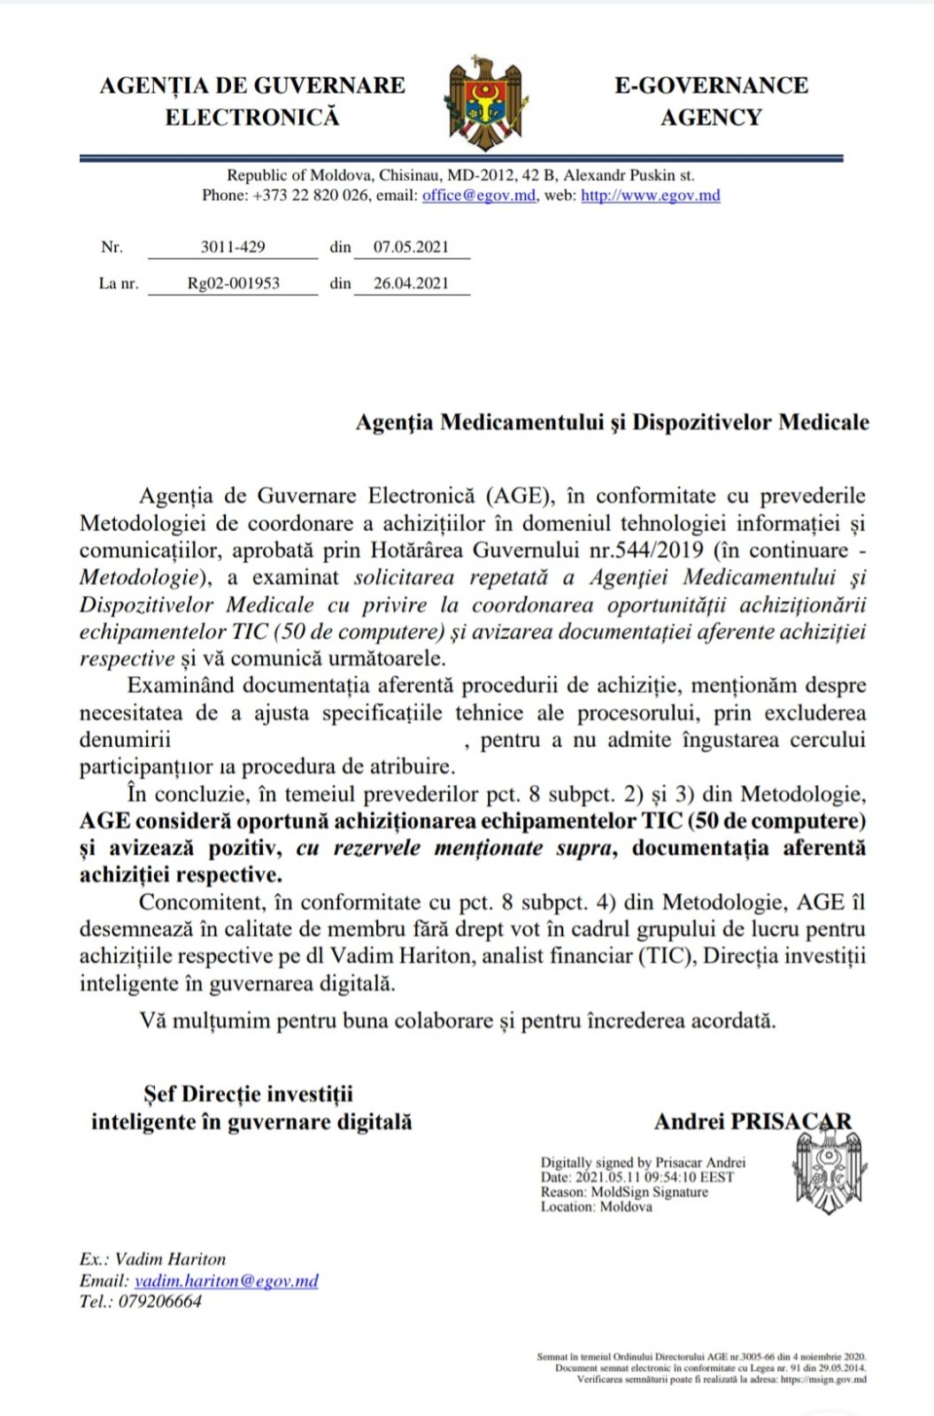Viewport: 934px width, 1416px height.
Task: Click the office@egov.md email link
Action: point(478,196)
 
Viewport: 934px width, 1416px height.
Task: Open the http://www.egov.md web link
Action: point(650,196)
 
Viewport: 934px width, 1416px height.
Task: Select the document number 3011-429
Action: point(232,248)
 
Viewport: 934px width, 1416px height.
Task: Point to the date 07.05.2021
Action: point(411,248)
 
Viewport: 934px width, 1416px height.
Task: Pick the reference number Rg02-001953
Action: point(233,284)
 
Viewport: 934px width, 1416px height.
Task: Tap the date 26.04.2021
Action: point(411,284)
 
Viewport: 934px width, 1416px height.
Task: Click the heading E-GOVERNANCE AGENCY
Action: point(711,101)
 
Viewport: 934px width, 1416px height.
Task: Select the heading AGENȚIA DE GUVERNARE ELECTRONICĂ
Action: point(252,101)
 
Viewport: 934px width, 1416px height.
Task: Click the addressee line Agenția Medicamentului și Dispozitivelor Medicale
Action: point(612,422)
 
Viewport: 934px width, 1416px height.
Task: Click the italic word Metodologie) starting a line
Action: point(138,578)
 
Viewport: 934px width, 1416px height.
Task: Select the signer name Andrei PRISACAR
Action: point(753,1122)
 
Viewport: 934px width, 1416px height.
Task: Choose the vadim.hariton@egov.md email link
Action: point(226,1281)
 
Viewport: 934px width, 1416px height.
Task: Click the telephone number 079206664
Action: point(160,1302)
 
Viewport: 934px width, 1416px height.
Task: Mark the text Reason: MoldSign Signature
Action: point(624,1192)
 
